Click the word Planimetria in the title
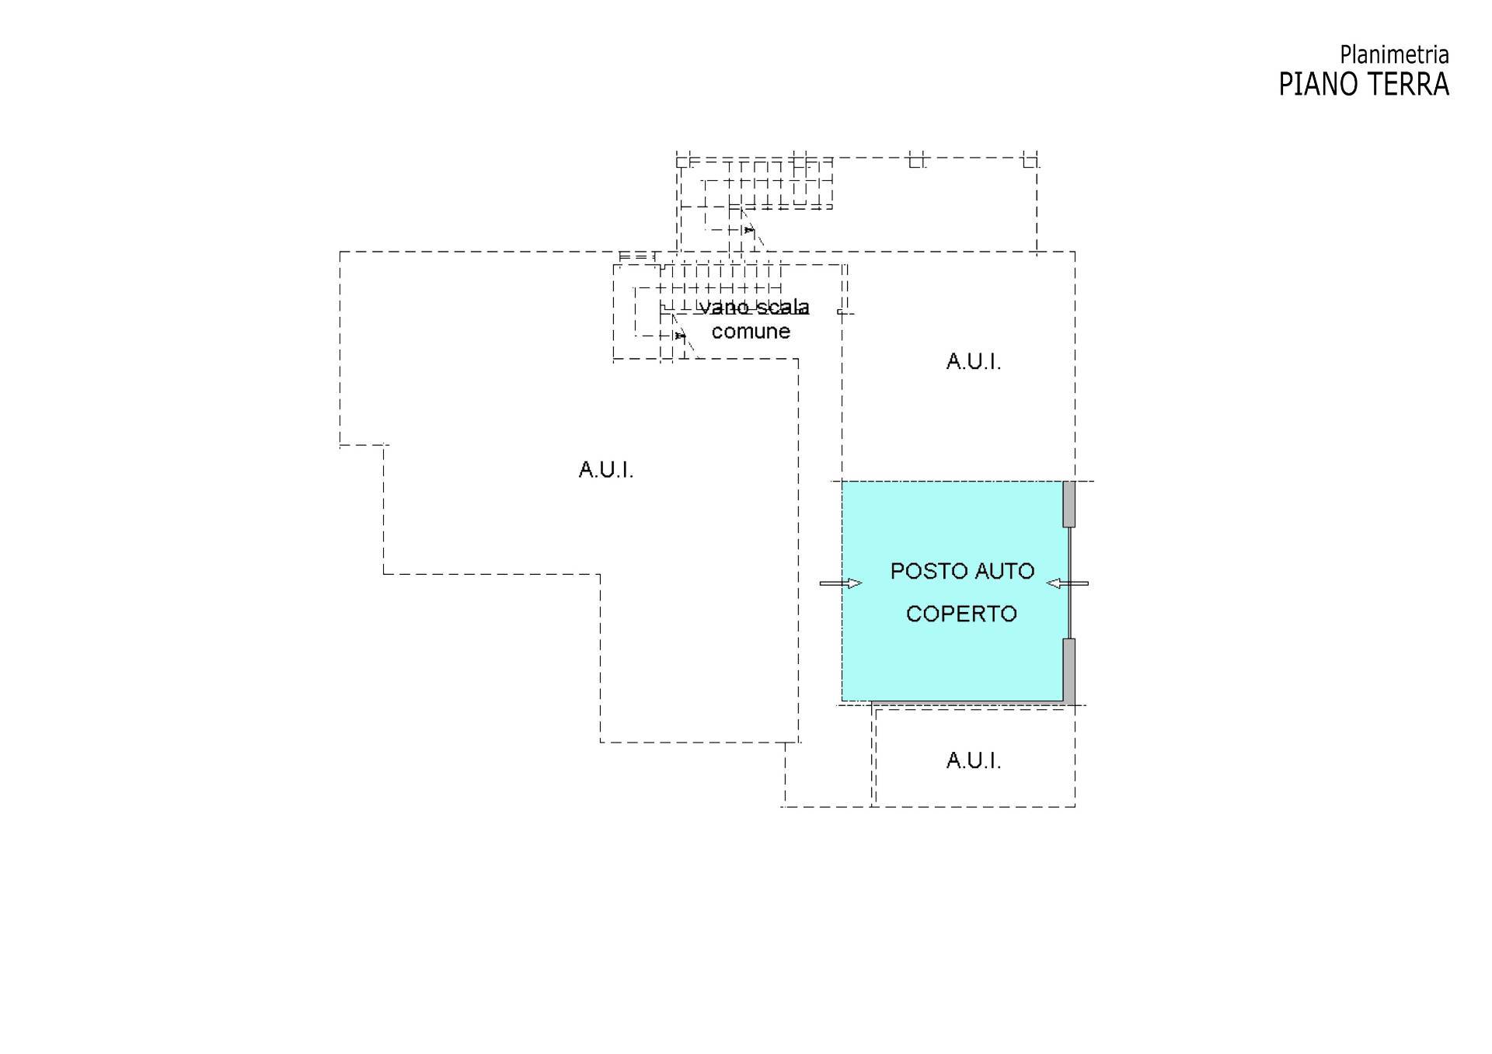pos(1394,55)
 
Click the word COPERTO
pos(961,614)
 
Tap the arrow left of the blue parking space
pos(841,583)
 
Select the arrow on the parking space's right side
pos(1067,583)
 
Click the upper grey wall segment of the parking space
pos(1069,504)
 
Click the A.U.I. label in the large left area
pos(606,470)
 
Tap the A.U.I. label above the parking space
pos(973,362)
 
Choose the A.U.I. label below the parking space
pos(973,760)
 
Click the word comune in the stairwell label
pos(751,332)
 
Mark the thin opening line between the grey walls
pos(1070,583)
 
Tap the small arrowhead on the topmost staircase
pos(748,230)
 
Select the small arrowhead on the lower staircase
pos(681,336)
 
